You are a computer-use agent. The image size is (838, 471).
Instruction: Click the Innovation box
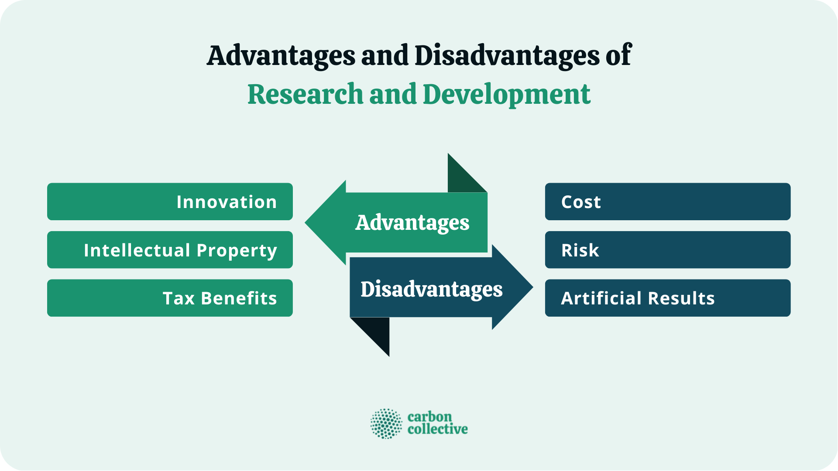point(170,201)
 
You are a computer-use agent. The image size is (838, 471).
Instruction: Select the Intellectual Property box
point(170,250)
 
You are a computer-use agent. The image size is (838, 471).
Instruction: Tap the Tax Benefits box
point(170,298)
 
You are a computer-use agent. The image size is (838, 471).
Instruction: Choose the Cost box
point(667,201)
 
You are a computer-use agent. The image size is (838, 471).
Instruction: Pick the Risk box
point(667,250)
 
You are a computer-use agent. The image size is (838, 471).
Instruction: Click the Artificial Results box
point(667,298)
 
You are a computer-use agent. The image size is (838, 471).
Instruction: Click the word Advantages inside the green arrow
point(412,223)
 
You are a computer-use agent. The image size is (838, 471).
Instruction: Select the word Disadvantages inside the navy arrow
point(431,289)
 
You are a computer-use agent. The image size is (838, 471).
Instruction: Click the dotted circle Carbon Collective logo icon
point(386,423)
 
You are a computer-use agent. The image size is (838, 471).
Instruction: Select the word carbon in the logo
point(429,417)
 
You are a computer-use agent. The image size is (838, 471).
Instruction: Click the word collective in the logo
point(437,430)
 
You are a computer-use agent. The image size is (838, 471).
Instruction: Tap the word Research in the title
point(305,95)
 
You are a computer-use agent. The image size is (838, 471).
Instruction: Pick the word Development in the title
point(506,95)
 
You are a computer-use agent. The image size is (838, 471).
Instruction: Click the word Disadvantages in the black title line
point(507,56)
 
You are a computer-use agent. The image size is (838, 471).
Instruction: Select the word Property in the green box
point(237,251)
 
